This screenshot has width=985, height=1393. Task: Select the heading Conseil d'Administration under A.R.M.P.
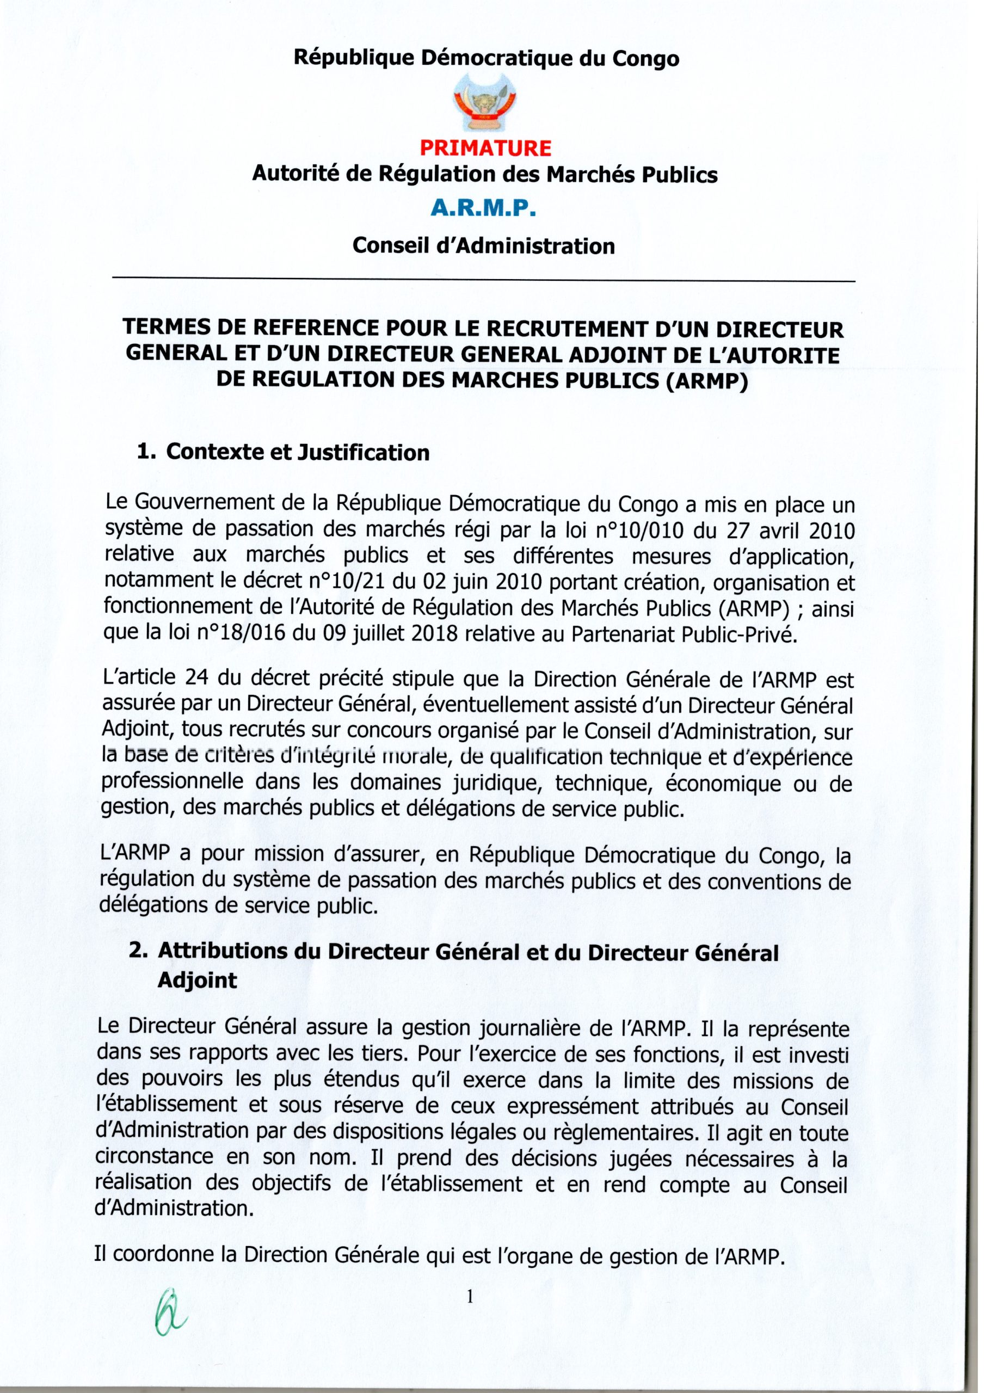pyautogui.click(x=484, y=246)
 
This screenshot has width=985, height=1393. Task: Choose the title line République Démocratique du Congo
pyautogui.click(x=486, y=59)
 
